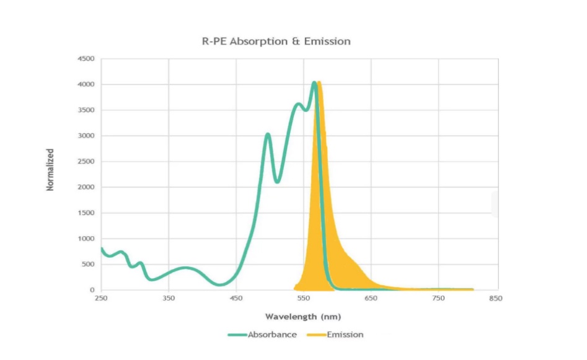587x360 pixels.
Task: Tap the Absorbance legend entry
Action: [x=272, y=335]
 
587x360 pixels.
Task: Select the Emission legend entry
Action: [x=345, y=335]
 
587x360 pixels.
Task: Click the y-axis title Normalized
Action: [x=50, y=169]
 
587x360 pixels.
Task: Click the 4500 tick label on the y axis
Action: [x=86, y=59]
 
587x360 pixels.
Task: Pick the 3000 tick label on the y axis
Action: [x=86, y=136]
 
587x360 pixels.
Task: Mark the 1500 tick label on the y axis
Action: [x=86, y=213]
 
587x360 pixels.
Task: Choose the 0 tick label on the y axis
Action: [x=92, y=290]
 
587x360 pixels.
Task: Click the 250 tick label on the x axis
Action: [x=100, y=299]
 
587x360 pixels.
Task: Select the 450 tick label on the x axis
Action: [x=236, y=299]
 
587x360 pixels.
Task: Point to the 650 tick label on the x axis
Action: [x=371, y=299]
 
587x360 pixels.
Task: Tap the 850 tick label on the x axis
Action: [x=495, y=299]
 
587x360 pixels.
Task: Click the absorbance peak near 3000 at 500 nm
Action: [x=268, y=134]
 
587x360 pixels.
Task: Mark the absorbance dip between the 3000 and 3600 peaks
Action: [x=277, y=182]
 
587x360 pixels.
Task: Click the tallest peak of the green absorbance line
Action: [x=314, y=82]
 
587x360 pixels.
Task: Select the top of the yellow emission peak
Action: [x=319, y=82]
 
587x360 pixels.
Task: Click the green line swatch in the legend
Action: [x=237, y=335]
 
